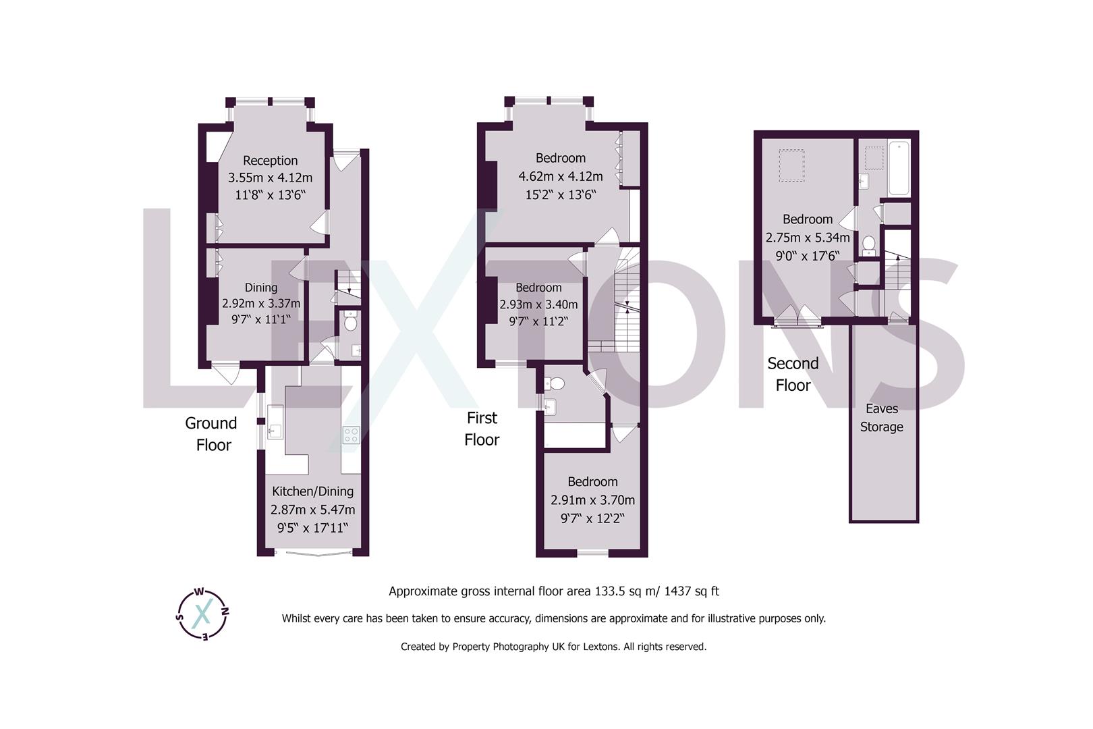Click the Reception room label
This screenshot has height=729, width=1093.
click(x=270, y=161)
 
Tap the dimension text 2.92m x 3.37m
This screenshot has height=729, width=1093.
click(x=261, y=304)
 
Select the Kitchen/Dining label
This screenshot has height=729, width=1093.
click(x=312, y=491)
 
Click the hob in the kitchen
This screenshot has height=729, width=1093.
click(x=351, y=435)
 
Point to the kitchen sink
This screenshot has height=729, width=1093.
click(x=275, y=430)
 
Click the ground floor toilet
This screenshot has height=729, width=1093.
click(x=350, y=323)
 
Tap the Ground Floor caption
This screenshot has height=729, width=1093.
click(x=212, y=434)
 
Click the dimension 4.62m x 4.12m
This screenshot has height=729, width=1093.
click(x=560, y=177)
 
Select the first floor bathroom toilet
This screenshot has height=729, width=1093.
click(x=556, y=383)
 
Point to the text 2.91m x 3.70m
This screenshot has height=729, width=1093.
click(x=592, y=500)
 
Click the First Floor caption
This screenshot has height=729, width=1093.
click(x=482, y=429)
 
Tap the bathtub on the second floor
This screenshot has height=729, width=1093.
click(x=900, y=167)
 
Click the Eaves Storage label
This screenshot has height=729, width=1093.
click(x=881, y=418)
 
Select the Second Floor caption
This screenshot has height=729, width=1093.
click(x=793, y=374)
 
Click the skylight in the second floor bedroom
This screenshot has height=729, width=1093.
click(x=791, y=165)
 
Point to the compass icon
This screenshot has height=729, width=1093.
click(x=202, y=613)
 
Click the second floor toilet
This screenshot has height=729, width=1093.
click(x=869, y=243)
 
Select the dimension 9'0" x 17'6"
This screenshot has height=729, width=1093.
click(x=807, y=256)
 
